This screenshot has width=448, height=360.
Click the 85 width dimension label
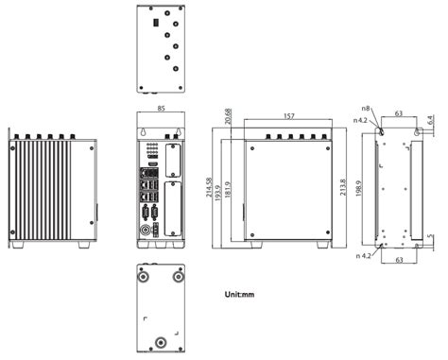161,109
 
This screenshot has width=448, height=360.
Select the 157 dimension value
289,116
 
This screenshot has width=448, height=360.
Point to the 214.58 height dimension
209,188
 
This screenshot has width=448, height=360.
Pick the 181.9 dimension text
228,190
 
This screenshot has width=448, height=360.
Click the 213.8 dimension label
343,187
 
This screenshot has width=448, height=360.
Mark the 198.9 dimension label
358,189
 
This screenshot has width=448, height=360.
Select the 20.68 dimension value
229,116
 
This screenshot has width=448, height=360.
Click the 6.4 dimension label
431,120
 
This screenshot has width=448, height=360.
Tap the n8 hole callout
366,109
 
